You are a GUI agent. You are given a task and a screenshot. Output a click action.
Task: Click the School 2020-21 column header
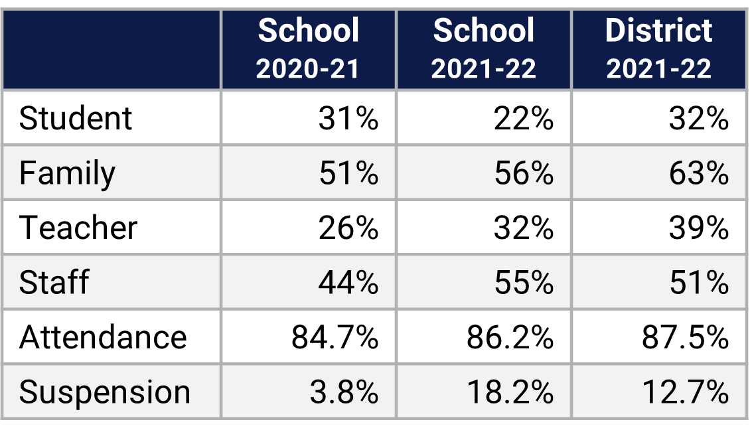point(308,49)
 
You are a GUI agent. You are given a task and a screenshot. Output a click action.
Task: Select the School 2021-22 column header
point(483,49)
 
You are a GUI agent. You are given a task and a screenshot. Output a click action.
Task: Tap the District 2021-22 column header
point(658,49)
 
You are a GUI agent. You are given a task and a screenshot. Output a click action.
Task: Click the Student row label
point(76,119)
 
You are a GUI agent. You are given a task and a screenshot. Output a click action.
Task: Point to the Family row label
point(67,173)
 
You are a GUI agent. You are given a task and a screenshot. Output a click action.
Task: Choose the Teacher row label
point(78,228)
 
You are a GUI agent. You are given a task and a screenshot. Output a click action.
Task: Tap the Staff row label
point(54,282)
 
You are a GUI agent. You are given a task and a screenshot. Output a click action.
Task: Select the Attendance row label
point(103,337)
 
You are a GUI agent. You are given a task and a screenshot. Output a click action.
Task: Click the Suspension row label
point(104,392)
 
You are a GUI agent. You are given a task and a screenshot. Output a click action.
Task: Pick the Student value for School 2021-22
point(524,119)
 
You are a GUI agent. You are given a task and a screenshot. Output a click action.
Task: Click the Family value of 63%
point(699,173)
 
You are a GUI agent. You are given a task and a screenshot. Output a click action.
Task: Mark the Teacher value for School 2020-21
point(348,228)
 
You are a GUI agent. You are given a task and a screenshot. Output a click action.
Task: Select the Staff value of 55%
point(524,282)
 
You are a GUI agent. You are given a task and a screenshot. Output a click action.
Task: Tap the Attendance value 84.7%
point(335,337)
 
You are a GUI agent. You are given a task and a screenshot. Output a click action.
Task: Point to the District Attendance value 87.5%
point(686,337)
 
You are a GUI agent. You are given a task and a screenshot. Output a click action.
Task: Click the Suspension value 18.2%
point(510,392)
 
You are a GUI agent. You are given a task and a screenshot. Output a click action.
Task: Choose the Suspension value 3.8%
point(344,392)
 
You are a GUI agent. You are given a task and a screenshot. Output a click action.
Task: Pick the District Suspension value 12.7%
point(686,392)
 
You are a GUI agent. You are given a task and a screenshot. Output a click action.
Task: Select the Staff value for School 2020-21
point(348,282)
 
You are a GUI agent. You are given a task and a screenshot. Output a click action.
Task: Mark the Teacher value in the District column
point(699,228)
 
